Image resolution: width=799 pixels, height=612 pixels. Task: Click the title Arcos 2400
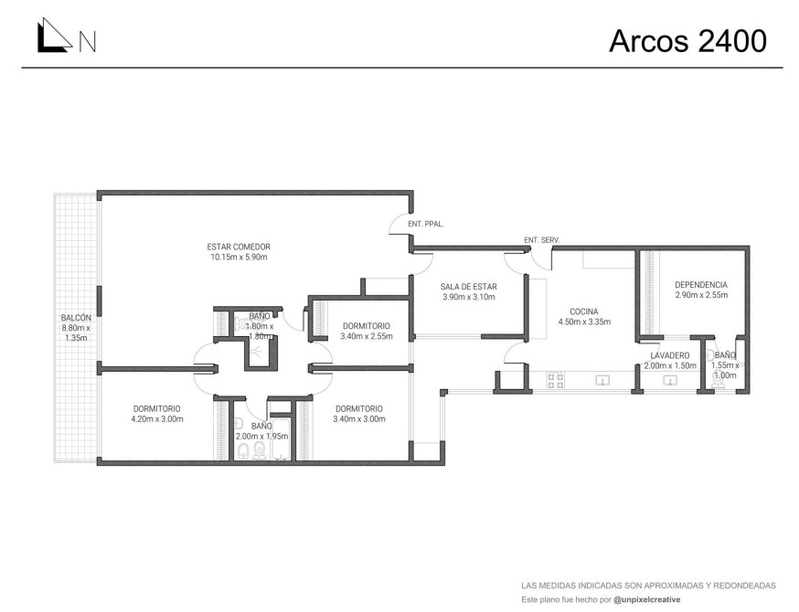point(687,41)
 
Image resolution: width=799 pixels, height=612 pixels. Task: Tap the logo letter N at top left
point(87,42)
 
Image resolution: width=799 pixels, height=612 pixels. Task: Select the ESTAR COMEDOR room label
point(239,247)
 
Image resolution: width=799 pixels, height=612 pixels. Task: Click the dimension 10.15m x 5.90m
point(239,257)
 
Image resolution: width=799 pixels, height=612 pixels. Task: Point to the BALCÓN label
point(76,318)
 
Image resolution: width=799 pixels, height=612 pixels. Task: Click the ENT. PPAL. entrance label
point(425,224)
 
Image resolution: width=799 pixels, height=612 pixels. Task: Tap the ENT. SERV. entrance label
point(542,240)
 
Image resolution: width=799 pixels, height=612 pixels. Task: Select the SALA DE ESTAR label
point(469,287)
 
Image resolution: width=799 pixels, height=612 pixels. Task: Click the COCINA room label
point(584,311)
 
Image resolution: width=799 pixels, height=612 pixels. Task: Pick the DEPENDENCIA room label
point(701,285)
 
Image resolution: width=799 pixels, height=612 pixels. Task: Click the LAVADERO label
point(670,356)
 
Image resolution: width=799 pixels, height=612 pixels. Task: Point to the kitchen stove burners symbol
point(556,381)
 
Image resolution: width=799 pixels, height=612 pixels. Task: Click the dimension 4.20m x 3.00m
point(157,419)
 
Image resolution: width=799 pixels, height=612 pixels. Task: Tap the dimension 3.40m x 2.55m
point(367,336)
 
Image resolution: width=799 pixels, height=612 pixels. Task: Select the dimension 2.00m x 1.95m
point(262,437)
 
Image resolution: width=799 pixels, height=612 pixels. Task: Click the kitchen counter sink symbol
point(603,380)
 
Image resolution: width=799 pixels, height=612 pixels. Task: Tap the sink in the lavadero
point(669,380)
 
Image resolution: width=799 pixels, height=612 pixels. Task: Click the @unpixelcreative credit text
point(647,600)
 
